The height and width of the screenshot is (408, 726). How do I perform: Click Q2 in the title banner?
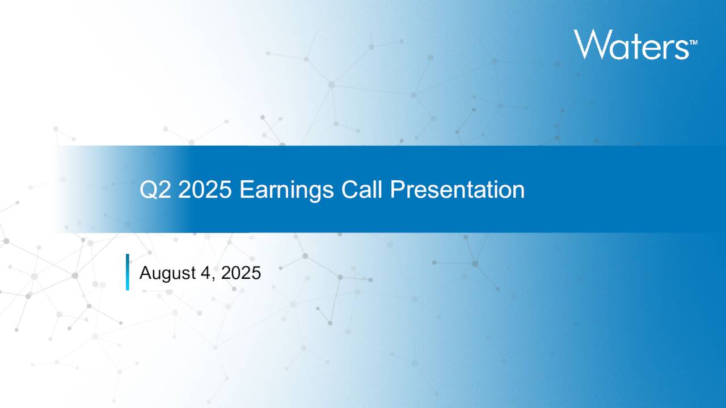156,190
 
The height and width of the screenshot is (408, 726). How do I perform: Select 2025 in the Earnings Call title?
205,190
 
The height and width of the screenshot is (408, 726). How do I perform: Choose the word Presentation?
457,190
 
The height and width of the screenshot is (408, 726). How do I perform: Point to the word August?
167,274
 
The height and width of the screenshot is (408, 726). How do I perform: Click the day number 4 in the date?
205,273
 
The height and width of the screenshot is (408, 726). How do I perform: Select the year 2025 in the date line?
240,273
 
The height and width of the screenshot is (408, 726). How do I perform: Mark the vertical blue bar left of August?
128,272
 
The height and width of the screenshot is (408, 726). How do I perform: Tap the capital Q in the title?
148,190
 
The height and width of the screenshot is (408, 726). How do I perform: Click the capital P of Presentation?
396,190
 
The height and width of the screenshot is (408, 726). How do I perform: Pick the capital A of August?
145,273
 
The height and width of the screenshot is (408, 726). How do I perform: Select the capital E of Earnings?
245,190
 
